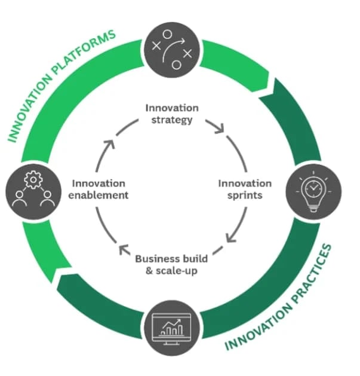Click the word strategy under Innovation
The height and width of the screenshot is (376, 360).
[x=172, y=120]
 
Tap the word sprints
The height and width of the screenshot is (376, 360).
[x=244, y=195]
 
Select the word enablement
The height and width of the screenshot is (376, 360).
[x=100, y=195]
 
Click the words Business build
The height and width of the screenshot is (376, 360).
[x=171, y=259]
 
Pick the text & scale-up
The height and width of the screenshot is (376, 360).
[x=171, y=270]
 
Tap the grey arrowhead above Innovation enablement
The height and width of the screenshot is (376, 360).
[x=110, y=143]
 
